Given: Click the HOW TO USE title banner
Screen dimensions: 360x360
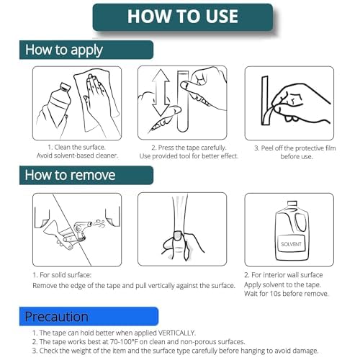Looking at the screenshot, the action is [183, 17].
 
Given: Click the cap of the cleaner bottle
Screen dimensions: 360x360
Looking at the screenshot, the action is [65, 86].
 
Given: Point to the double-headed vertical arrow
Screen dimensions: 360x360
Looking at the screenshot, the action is [161, 92].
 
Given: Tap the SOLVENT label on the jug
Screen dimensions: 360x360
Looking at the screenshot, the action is [291, 244].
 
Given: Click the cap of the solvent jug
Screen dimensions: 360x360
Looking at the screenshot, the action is [292, 204].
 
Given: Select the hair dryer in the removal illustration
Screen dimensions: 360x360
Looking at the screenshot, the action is [83, 229].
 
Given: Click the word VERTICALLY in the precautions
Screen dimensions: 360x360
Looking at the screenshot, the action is [176, 333].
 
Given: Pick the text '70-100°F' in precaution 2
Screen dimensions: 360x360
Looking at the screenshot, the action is [124, 341].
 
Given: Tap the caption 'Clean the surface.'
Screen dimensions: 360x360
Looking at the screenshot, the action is [80, 147].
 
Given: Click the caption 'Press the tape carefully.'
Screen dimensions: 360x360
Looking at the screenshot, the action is [192, 148].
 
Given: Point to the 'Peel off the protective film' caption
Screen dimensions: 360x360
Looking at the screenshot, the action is [298, 148].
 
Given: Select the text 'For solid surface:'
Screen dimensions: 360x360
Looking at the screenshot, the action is [66, 275].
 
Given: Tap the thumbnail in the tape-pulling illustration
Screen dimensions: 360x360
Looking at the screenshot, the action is [178, 235].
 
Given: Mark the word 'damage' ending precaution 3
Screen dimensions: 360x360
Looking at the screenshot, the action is [305, 351].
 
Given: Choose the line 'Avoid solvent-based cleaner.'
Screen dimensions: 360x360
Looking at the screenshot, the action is [77, 156].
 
